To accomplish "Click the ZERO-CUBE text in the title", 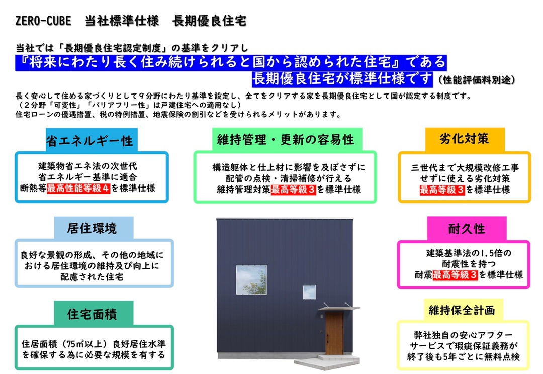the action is [43, 21].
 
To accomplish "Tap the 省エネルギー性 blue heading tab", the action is [92, 140].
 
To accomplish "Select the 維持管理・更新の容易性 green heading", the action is [287, 139].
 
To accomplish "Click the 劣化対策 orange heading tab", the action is [465, 139].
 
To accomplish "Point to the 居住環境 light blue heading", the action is [94, 228].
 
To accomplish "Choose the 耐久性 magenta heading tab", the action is [467, 228].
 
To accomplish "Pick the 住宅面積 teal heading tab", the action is [94, 313].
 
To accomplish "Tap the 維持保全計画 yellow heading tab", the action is [463, 310].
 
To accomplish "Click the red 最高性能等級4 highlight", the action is [78, 189].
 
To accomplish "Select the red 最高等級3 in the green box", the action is [293, 190].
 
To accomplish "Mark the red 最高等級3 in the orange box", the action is [442, 190].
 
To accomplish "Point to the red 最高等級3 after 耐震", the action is [455, 275].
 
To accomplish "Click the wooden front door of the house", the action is [334, 333].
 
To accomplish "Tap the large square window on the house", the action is [251, 280].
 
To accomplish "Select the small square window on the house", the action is [309, 292].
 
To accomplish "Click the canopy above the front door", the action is [339, 308].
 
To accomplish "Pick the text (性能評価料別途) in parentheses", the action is [476, 80].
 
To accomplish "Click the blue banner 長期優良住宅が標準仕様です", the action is [342, 79].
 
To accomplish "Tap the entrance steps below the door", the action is [327, 361].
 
